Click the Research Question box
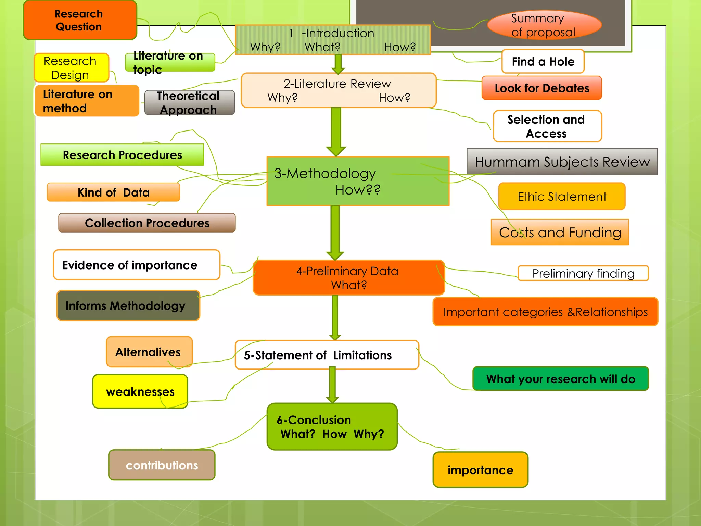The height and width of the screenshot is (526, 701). coord(80,20)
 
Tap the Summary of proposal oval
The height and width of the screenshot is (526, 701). coord(544,25)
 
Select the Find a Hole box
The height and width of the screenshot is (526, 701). coord(543,62)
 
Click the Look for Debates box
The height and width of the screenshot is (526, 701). coord(541,88)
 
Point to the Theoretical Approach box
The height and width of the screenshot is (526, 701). coord(189,103)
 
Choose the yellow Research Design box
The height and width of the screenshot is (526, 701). coord(71,68)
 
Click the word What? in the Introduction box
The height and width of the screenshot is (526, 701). coord(322,47)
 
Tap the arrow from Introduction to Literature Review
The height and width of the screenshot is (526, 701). coord(338,64)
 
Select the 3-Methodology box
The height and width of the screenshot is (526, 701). coord(357,181)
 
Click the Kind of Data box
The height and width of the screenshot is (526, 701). coord(113,192)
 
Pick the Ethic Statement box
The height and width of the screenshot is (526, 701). coord(561,197)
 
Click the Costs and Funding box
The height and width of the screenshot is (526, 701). coord(560,233)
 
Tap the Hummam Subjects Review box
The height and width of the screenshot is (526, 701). coord(562,162)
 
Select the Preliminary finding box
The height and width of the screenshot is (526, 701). coord(583,273)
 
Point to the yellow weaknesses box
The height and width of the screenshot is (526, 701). coord(140,391)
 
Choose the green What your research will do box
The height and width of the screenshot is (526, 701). coord(560,379)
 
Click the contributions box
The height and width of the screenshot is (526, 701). coord(162,465)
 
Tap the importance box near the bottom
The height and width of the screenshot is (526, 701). coord(480,470)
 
